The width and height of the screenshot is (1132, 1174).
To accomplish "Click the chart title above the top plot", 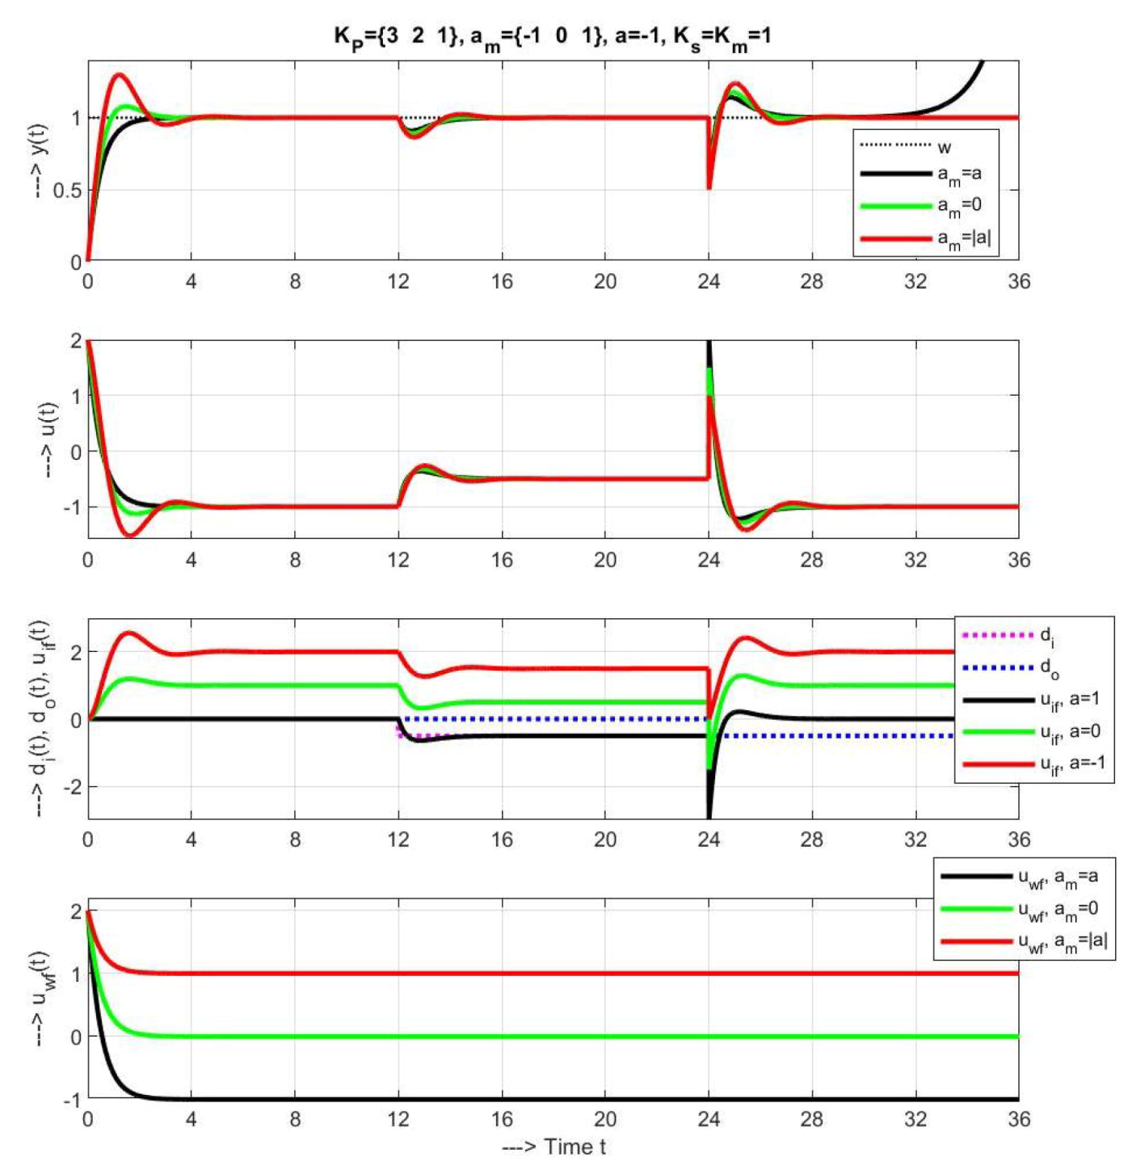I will (x=552, y=36).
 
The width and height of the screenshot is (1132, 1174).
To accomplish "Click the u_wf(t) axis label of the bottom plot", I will (x=40, y=999).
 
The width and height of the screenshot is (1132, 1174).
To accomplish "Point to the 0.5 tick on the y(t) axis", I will (x=67, y=191).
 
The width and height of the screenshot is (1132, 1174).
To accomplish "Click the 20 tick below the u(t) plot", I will (x=604, y=560).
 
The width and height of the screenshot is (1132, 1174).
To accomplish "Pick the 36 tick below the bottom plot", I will (x=1019, y=1119).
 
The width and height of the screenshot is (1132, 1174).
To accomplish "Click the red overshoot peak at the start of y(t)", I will (x=120, y=75).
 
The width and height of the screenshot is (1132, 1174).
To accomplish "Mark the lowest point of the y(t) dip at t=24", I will (x=709, y=187).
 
